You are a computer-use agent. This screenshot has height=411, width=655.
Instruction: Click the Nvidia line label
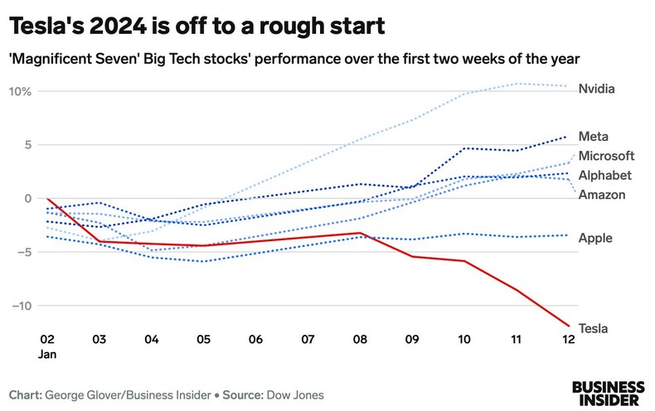click(596, 89)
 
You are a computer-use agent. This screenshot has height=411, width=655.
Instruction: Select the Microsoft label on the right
click(606, 156)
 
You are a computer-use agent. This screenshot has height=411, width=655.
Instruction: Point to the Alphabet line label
click(605, 175)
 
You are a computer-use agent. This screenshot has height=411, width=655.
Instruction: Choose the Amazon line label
click(602, 195)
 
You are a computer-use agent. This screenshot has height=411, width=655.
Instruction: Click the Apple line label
click(594, 238)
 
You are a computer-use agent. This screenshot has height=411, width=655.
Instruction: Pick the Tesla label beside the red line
click(593, 328)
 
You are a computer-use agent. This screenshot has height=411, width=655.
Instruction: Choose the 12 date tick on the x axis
click(566, 340)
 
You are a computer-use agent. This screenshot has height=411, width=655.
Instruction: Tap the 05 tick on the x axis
click(203, 340)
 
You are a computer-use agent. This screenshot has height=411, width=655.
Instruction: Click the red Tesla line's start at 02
click(48, 199)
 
